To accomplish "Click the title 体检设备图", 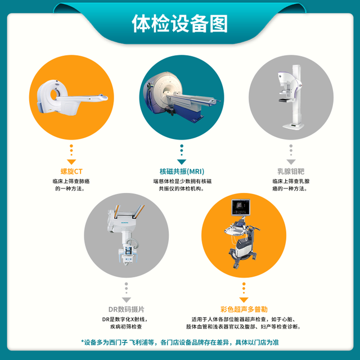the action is pos(180,24).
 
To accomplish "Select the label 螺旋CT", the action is pos(71,171).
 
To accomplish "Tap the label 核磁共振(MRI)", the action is pos(182,171).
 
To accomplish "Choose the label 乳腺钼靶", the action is pos(291,171).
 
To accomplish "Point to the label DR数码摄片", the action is pos(126,309).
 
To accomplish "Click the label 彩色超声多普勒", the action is pos(244,309).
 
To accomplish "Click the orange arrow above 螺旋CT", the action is pos(71,162).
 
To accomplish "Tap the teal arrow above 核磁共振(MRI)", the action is pos(182,162).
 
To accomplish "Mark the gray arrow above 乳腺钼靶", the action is pos(291,162).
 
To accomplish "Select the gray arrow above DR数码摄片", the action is pos(126,300).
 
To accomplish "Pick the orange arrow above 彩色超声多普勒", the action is pos(244,300).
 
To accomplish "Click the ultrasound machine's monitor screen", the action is pos(240,207).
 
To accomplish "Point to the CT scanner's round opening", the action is pos(54,95).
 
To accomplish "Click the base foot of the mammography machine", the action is pos(293,126).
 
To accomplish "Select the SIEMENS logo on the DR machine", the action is pos(125,223).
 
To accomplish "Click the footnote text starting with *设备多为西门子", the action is pos(180,343).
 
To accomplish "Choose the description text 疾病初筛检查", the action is pos(126,326).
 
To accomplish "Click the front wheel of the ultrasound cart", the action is pos(236,265).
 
